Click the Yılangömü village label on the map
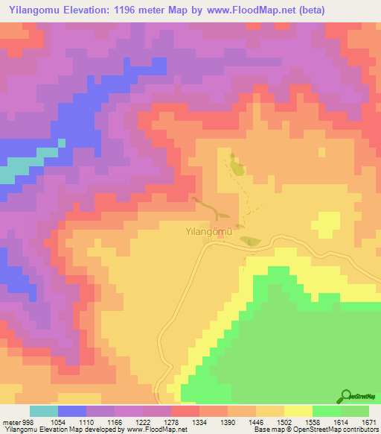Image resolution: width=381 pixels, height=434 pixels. coord(209,231)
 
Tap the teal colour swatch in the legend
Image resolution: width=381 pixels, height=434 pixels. coord(44,411)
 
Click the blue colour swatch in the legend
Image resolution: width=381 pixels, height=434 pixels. coord(72,411)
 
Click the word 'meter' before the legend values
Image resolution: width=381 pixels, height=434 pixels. coord(9,421)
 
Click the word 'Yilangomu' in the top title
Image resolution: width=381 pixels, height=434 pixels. coord(33,10)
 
